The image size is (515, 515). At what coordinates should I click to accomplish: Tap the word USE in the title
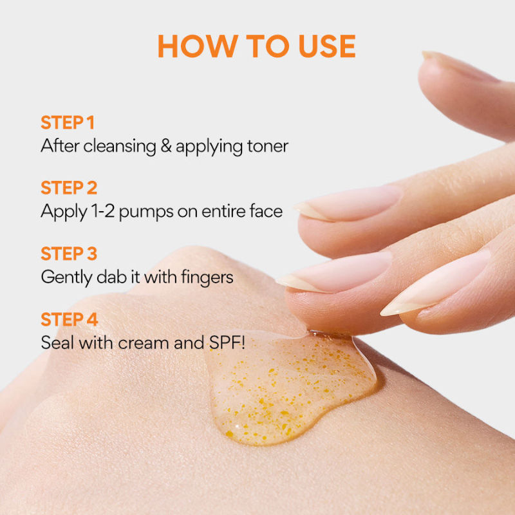[327, 46]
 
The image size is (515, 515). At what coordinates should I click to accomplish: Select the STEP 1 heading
[68, 122]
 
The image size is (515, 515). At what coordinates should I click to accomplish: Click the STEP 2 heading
[69, 188]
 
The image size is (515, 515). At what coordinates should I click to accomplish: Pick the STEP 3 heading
[69, 254]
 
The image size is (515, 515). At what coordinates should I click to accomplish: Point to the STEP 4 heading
[70, 319]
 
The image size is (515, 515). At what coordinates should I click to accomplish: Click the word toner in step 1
[268, 146]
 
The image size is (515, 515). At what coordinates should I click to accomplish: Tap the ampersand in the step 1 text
[166, 146]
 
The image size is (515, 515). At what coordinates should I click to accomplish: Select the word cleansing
[120, 147]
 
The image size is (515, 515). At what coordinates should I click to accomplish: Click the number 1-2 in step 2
[103, 211]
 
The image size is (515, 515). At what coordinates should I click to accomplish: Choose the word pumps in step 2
[146, 212]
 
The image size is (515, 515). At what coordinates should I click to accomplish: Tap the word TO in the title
[268, 46]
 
